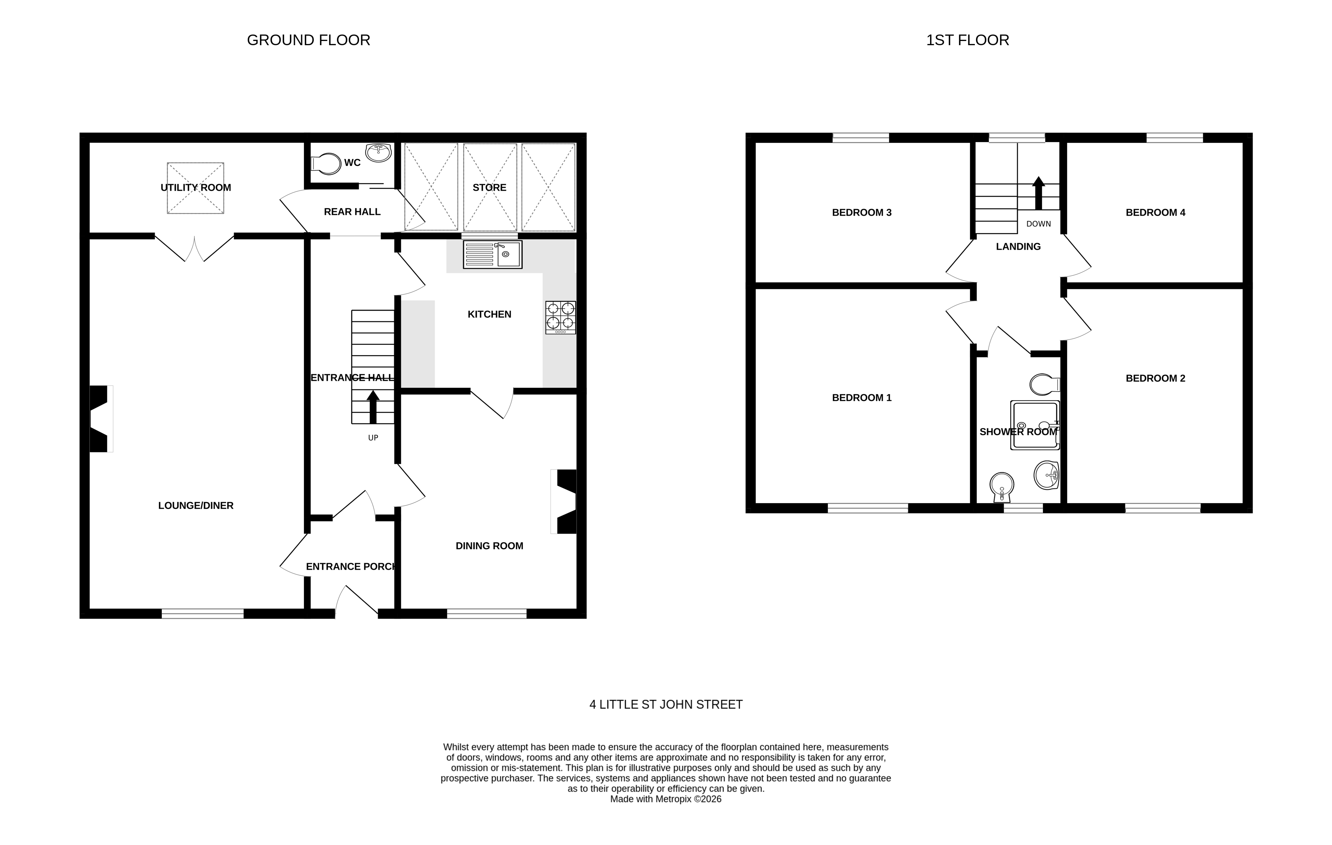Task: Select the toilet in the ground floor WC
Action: [x=327, y=164]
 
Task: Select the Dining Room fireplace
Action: [x=565, y=502]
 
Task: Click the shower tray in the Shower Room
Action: [x=1035, y=425]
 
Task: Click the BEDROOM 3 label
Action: [x=861, y=212]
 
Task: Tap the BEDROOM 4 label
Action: [x=1155, y=212]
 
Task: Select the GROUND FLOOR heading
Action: [x=308, y=40]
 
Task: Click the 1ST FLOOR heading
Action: [x=968, y=40]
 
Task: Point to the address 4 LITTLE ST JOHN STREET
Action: [x=666, y=704]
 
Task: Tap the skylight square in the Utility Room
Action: [x=195, y=188]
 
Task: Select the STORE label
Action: [x=489, y=188]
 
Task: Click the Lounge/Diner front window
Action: [x=202, y=613]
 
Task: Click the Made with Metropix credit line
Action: [x=666, y=799]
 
